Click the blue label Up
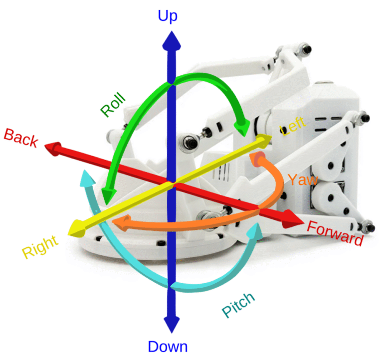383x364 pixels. click(167, 16)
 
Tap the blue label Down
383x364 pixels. click(168, 347)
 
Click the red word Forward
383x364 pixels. click(335, 233)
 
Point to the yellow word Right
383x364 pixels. click(40, 246)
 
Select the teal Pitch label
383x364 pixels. click(238, 305)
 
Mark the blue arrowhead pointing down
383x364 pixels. click(171, 325)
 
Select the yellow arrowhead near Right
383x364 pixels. click(78, 228)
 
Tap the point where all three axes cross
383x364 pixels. click(171, 184)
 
